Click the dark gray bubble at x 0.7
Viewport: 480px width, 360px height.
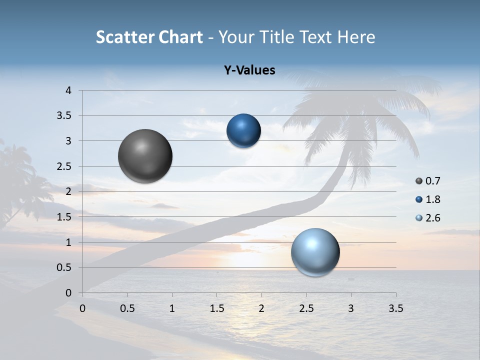pyautogui.click(x=145, y=156)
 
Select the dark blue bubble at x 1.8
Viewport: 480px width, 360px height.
pyautogui.click(x=243, y=131)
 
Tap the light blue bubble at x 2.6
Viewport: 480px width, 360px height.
pyautogui.click(x=315, y=252)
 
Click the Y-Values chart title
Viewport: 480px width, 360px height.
pyautogui.click(x=249, y=70)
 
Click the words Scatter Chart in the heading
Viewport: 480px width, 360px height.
pyautogui.click(x=149, y=37)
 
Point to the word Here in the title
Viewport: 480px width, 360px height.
pyautogui.click(x=356, y=37)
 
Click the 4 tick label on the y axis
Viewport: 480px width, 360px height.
pyautogui.click(x=68, y=90)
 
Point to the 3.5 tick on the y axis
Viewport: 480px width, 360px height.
pyautogui.click(x=64, y=116)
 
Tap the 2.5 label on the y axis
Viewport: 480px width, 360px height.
pyautogui.click(x=64, y=166)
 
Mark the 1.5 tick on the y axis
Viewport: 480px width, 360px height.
pyautogui.click(x=64, y=217)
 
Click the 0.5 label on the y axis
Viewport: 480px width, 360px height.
pyautogui.click(x=64, y=268)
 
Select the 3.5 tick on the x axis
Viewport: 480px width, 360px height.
pyautogui.click(x=395, y=308)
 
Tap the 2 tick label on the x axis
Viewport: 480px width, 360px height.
pyautogui.click(x=261, y=308)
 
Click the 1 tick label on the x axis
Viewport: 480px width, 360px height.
pyautogui.click(x=172, y=308)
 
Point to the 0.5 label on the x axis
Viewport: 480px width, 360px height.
pyautogui.click(x=127, y=308)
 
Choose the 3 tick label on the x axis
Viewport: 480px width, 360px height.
pyautogui.click(x=351, y=308)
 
